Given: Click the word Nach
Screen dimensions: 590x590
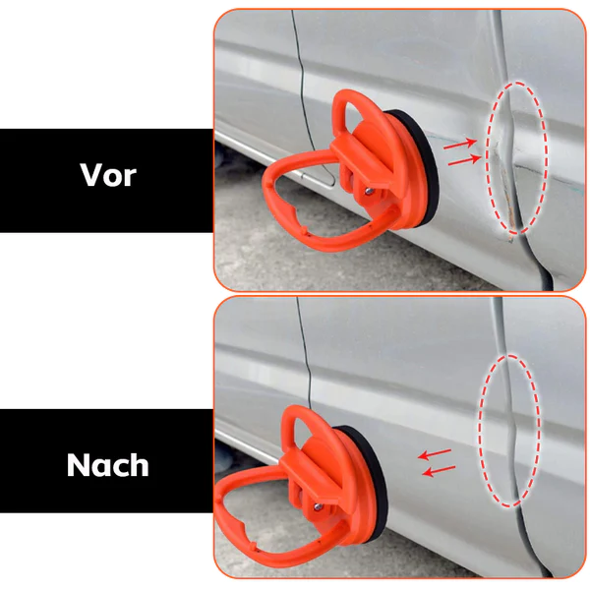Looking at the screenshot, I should pos(107,463).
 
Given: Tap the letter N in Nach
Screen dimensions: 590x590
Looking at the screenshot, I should pos(79,463).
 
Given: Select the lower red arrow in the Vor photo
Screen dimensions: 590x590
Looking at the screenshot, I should pos(463,159).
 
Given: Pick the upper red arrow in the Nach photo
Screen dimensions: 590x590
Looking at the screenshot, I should pos(435,454).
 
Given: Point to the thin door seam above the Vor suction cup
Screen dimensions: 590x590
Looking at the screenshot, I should pos(295,59).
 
